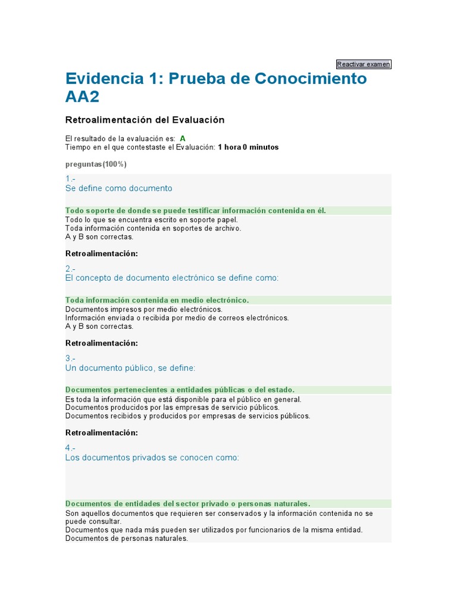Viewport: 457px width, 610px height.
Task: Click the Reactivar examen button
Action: click(364, 64)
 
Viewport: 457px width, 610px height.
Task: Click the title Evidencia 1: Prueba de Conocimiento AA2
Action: click(216, 88)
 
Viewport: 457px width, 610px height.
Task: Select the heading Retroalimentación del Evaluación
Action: click(145, 120)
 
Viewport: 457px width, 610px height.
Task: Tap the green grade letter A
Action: click(183, 138)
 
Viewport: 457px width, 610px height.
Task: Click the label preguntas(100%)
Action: click(96, 164)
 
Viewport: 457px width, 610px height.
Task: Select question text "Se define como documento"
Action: click(118, 188)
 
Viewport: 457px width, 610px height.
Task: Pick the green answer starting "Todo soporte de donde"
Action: click(196, 210)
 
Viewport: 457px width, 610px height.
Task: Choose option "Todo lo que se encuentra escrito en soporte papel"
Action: click(151, 219)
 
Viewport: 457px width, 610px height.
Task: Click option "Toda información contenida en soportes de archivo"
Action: click(153, 228)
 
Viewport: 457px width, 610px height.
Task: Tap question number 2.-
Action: click(70, 269)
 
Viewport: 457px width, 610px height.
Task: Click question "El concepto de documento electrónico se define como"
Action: click(171, 278)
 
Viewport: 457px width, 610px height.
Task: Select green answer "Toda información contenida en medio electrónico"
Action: click(157, 300)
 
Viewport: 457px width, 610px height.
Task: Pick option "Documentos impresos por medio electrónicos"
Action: click(143, 309)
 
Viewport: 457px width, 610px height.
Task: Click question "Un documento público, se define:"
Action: click(130, 368)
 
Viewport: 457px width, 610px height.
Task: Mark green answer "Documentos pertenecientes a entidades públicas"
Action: click(180, 390)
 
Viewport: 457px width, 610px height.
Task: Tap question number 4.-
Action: click(70, 448)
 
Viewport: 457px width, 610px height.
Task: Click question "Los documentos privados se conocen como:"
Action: click(152, 457)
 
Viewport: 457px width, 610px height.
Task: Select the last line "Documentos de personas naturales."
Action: click(126, 539)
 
